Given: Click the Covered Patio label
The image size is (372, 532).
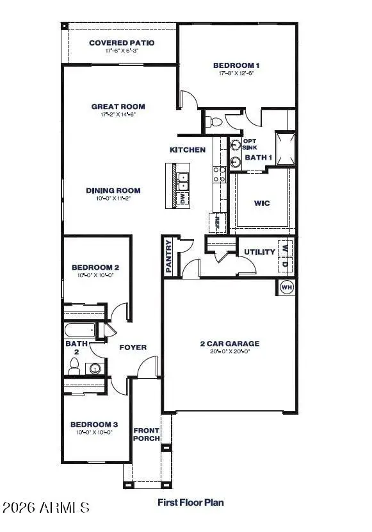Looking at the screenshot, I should pyautogui.click(x=122, y=43).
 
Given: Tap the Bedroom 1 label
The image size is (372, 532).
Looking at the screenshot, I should pyautogui.click(x=236, y=65).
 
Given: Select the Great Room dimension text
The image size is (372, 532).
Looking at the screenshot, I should pyautogui.click(x=118, y=115).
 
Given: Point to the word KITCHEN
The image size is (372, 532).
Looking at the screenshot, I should pyautogui.click(x=187, y=150).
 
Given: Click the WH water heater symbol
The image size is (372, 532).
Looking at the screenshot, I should pyautogui.click(x=286, y=288).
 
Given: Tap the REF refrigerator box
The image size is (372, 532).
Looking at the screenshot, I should pyautogui.click(x=217, y=222).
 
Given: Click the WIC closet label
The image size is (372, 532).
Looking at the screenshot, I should pyautogui.click(x=261, y=203).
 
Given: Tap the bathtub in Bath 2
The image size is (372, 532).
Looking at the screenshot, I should pyautogui.click(x=79, y=331).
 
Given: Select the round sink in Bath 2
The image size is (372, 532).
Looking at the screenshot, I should pyautogui.click(x=96, y=369).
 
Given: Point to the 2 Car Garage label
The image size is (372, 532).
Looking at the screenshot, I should pyautogui.click(x=229, y=344).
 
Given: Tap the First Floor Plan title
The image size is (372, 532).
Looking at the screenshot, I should pyautogui.click(x=190, y=503).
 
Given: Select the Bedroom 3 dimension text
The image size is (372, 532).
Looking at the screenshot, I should pyautogui.click(x=94, y=432).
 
